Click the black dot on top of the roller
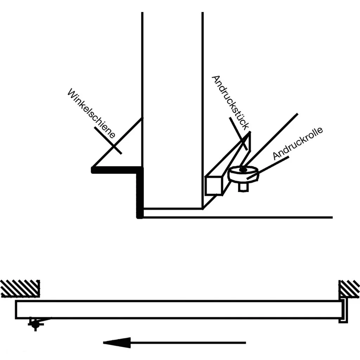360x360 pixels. pos(242,170)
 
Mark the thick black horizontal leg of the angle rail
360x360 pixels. pos(116,170)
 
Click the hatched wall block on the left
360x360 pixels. pos(20,288)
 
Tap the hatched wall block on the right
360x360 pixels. pos(349,288)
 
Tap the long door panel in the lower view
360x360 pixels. pos(176,309)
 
